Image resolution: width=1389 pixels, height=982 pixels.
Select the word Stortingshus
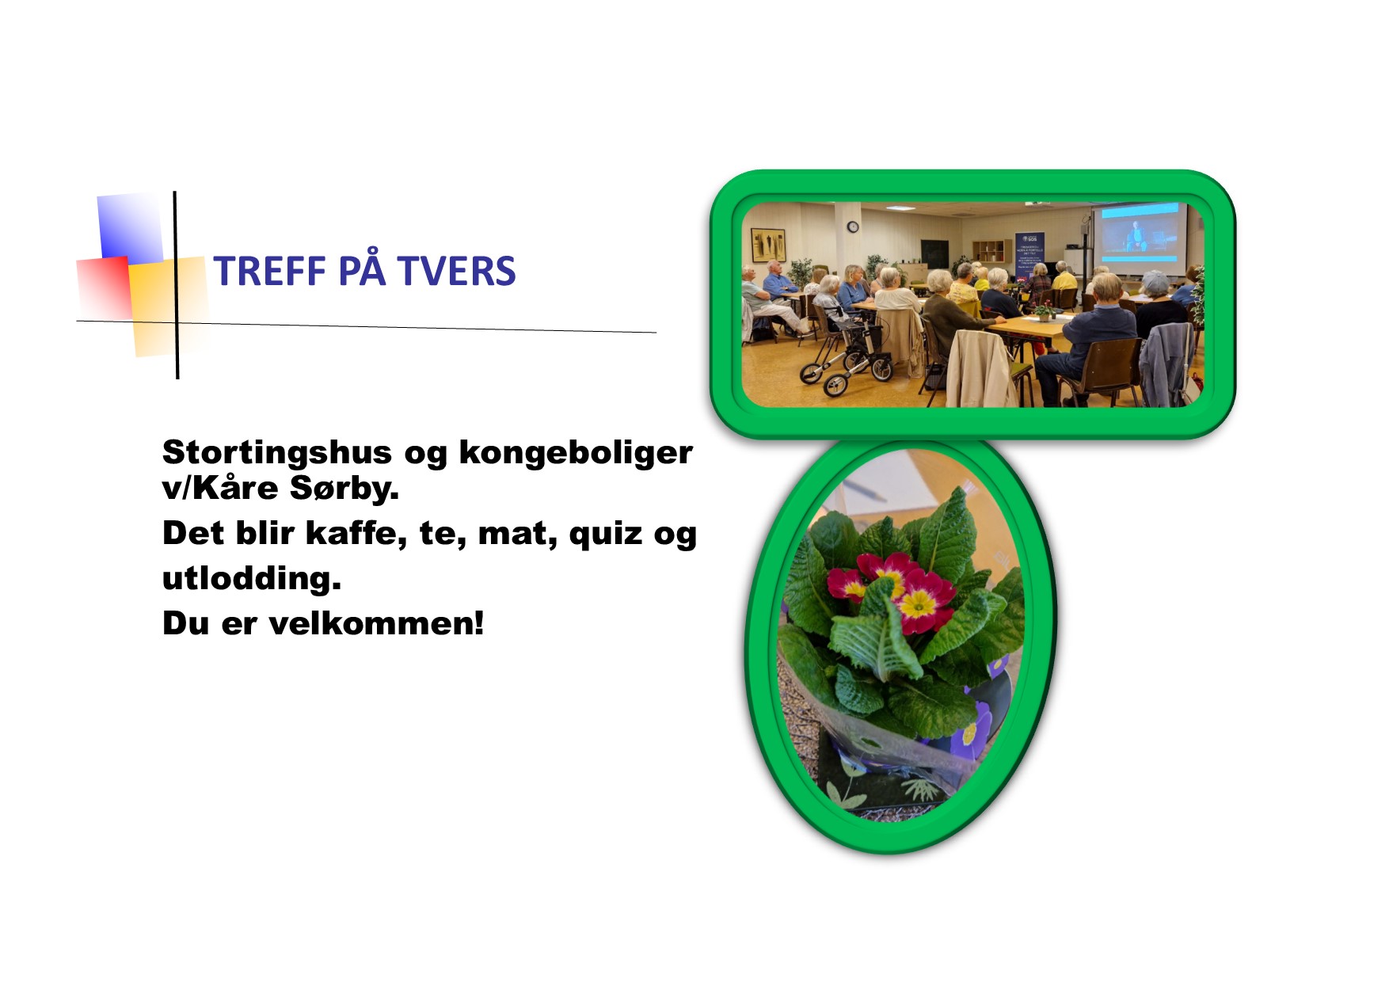click(277, 454)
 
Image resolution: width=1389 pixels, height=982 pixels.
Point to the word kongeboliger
click(576, 454)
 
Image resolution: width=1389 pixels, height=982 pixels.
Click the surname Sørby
click(344, 489)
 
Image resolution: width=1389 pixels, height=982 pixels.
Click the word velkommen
click(376, 623)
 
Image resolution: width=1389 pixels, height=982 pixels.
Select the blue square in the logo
click(130, 227)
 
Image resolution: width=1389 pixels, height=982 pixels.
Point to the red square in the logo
click(104, 287)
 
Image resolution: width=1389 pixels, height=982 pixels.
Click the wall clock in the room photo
click(853, 227)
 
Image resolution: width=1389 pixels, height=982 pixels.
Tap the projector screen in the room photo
click(1140, 234)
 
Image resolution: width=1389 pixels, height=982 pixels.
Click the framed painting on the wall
click(767, 245)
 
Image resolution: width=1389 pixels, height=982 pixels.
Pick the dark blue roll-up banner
click(1029, 255)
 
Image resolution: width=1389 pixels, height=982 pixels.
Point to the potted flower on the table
click(1045, 312)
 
